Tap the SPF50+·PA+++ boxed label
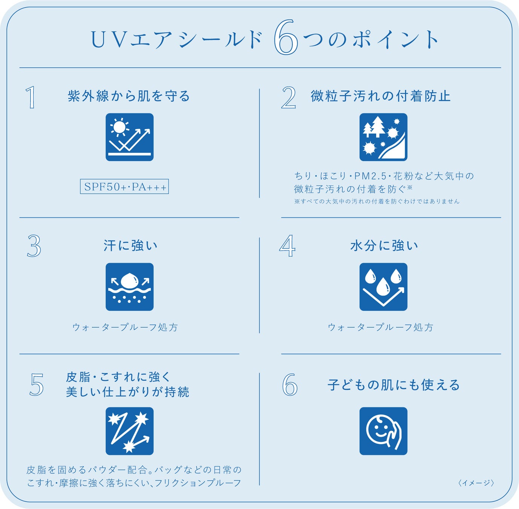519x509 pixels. pyautogui.click(x=124, y=187)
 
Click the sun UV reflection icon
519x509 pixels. pyautogui.click(x=129, y=137)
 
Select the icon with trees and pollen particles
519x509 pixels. pyautogui.click(x=383, y=137)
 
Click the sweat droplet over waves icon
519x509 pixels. pyautogui.click(x=129, y=287)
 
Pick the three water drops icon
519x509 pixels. pyautogui.click(x=383, y=287)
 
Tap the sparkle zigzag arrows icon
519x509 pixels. pyautogui.click(x=129, y=431)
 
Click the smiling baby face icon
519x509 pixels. pyautogui.click(x=383, y=431)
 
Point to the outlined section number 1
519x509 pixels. pyautogui.click(x=31, y=97)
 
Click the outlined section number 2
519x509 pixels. pyautogui.click(x=288, y=98)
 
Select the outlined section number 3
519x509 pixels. pyautogui.click(x=34, y=247)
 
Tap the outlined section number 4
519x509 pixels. pyautogui.click(x=287, y=246)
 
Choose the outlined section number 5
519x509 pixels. pyautogui.click(x=37, y=385)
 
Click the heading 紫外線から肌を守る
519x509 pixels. pyautogui.click(x=129, y=96)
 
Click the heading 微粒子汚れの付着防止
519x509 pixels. pyautogui.click(x=381, y=96)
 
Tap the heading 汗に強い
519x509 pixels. pyautogui.click(x=130, y=246)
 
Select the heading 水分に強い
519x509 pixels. pyautogui.click(x=384, y=246)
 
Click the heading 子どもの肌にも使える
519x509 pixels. pyautogui.click(x=394, y=385)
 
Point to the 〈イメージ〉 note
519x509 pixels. pyautogui.click(x=476, y=483)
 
